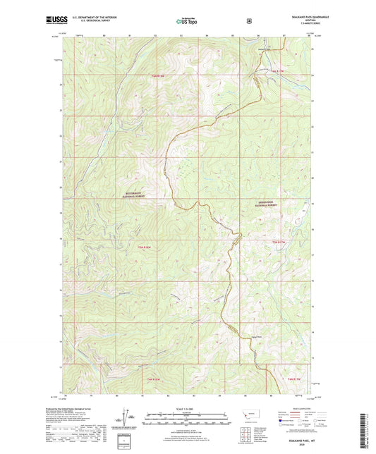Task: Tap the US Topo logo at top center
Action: point(186,21)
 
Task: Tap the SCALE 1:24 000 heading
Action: point(188,410)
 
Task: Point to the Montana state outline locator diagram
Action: point(248,413)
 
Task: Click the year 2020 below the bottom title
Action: point(290,446)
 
